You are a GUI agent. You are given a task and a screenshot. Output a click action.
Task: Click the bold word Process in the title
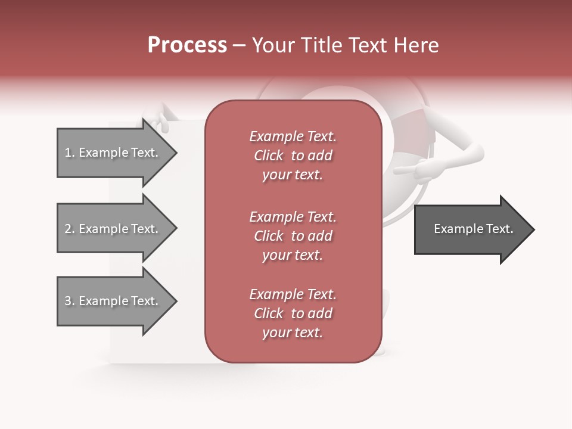click(x=187, y=45)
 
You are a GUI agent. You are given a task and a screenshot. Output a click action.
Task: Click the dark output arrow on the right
click(x=471, y=229)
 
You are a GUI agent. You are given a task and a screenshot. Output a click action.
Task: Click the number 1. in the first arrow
click(x=70, y=153)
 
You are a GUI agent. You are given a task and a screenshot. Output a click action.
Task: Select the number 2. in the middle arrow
click(x=70, y=229)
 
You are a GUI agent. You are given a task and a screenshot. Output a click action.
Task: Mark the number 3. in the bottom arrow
click(x=70, y=301)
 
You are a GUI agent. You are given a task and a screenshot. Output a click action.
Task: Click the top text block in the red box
click(x=293, y=156)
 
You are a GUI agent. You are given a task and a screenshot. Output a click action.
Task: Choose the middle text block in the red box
click(x=293, y=236)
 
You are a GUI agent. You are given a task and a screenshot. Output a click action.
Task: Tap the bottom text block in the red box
click(x=293, y=313)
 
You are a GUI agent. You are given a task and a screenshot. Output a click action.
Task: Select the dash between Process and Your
click(x=239, y=45)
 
